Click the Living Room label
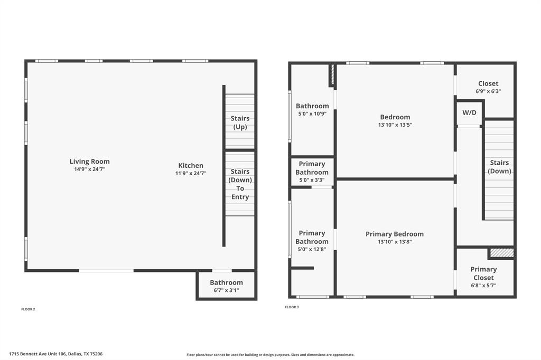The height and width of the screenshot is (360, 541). pos(90,162)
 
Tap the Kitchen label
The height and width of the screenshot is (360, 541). pos(191,166)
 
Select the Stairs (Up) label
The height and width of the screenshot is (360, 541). pos(240,122)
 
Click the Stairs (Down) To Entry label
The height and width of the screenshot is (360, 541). pos(240,184)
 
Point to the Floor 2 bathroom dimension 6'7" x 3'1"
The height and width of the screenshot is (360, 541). pos(226,290)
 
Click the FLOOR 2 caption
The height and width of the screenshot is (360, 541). pos(28,309)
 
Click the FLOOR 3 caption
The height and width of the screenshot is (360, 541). pos(292,307)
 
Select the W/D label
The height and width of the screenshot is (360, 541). pos(469,113)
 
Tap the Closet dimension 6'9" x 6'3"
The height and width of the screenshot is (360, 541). pos(488,91)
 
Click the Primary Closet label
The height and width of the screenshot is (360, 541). pos(483,273)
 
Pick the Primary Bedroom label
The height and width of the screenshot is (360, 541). pos(395,234)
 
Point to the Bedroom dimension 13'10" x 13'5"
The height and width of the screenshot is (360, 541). pos(395,125)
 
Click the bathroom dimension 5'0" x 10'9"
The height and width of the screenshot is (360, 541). pos(312,113)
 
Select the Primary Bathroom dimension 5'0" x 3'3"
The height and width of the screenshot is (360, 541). pos(312,180)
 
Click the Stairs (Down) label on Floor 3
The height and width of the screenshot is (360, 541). pos(499,167)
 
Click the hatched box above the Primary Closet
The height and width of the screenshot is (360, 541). pos(501,253)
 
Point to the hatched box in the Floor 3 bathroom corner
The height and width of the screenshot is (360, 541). pos(332,75)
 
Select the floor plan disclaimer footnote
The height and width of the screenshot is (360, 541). pos(270,355)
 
